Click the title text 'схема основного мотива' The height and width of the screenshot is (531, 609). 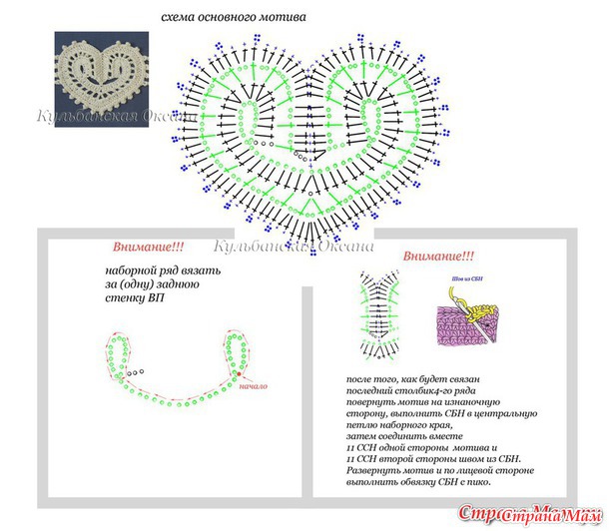[x=234, y=18]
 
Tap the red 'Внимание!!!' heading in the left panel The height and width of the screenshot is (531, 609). [x=148, y=247]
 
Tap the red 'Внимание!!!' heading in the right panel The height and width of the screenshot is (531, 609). [x=438, y=257]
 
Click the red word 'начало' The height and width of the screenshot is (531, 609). [x=254, y=385]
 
